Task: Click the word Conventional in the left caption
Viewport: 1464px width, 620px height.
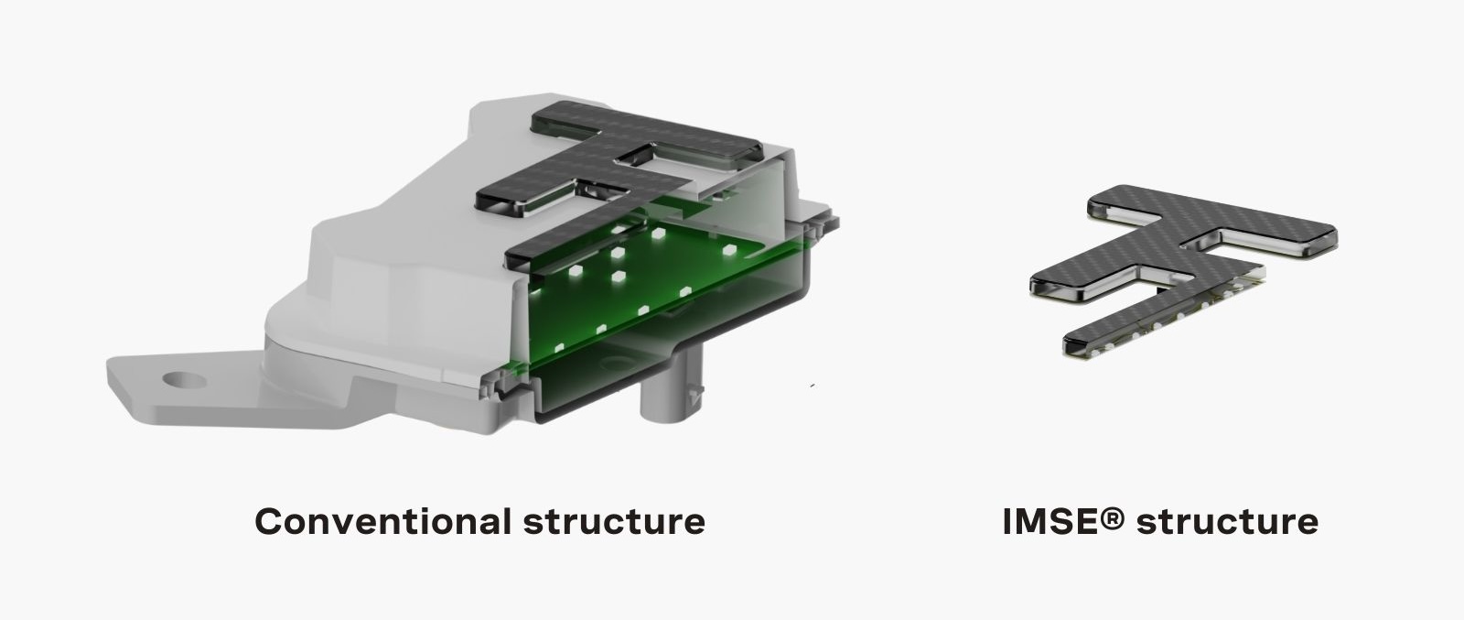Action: (383, 521)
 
